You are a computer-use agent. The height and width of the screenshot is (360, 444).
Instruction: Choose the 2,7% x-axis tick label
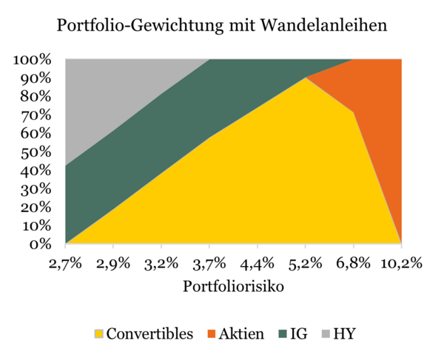(66, 263)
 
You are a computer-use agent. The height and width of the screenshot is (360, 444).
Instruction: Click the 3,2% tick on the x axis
(161, 263)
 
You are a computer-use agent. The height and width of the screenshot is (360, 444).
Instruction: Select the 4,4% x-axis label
(257, 263)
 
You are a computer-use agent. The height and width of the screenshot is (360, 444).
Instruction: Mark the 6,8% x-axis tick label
(353, 263)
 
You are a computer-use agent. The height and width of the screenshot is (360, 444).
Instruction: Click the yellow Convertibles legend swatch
(98, 334)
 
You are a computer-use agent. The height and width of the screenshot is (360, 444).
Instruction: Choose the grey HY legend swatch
(323, 334)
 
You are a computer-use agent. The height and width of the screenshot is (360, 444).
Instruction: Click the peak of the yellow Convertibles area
(305, 78)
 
